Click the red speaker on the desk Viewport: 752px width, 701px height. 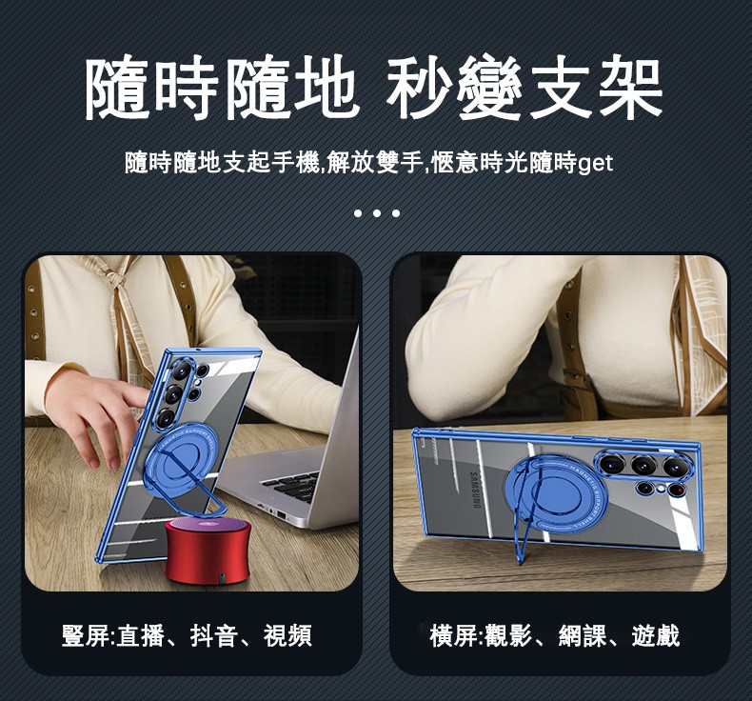coord(208,551)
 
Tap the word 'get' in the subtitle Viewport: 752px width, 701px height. coord(596,164)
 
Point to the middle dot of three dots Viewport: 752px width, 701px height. coord(377,213)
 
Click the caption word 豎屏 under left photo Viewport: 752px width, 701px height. coord(86,635)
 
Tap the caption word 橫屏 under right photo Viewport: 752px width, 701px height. coord(454,635)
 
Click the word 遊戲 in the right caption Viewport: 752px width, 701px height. coord(656,635)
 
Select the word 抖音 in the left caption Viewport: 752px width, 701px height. coord(214,635)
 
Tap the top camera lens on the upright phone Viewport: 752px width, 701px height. coord(182,370)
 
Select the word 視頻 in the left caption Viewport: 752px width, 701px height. coord(287,635)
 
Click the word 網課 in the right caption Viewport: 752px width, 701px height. coord(583,635)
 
